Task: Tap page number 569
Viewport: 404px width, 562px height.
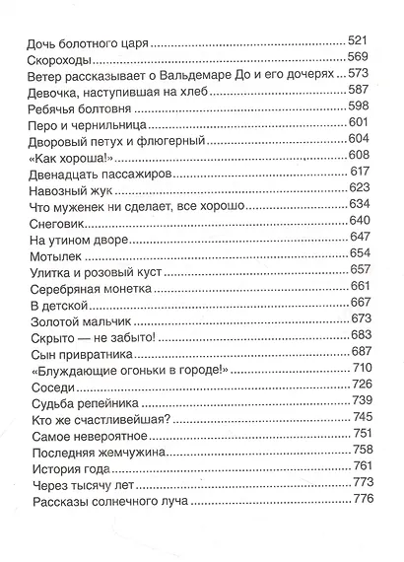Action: click(x=357, y=57)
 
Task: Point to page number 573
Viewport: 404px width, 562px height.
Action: click(x=357, y=74)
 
